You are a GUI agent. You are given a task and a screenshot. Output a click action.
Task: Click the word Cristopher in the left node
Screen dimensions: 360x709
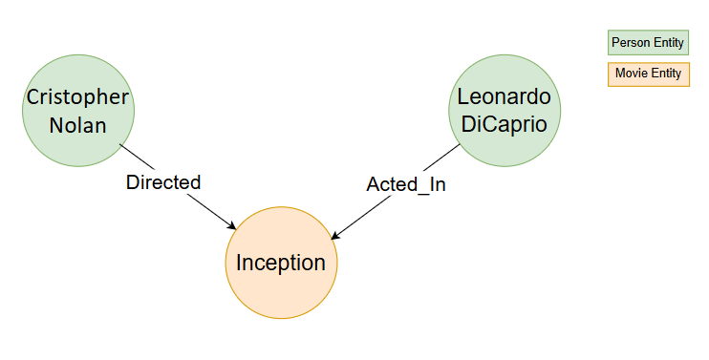click(78, 96)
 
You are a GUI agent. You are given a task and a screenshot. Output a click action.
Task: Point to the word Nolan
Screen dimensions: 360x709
click(78, 124)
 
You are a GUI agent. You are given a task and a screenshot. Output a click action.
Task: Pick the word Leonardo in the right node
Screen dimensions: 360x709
click(505, 96)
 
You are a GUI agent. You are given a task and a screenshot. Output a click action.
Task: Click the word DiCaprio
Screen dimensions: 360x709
click(505, 124)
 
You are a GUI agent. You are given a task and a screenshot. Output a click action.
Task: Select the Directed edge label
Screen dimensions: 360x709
click(163, 182)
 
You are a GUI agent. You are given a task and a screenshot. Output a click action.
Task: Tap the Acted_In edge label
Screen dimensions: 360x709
click(406, 185)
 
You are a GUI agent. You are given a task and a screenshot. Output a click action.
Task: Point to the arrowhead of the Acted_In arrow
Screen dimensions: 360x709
click(334, 237)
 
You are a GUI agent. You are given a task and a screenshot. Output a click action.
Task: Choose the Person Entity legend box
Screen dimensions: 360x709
click(648, 43)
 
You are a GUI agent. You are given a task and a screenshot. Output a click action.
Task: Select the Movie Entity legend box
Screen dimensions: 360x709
click(648, 74)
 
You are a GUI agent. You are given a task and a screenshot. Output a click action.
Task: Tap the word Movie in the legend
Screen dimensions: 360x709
click(631, 74)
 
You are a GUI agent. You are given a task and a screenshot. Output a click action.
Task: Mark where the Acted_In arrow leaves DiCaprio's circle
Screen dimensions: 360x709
click(462, 145)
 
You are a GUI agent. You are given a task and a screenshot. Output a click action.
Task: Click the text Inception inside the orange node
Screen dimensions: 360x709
click(281, 263)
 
